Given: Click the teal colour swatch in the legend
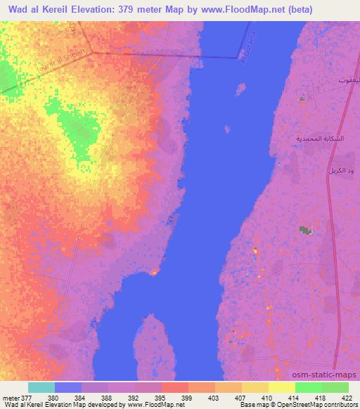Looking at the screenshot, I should coord(41,387).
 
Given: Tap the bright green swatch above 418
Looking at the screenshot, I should coord(308,387).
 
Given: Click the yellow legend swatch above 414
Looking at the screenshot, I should coord(281,387).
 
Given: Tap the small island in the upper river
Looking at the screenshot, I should coord(240,89).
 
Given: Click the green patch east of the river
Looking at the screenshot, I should coord(304,230).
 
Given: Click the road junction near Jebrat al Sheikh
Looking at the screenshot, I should coord(94,52).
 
